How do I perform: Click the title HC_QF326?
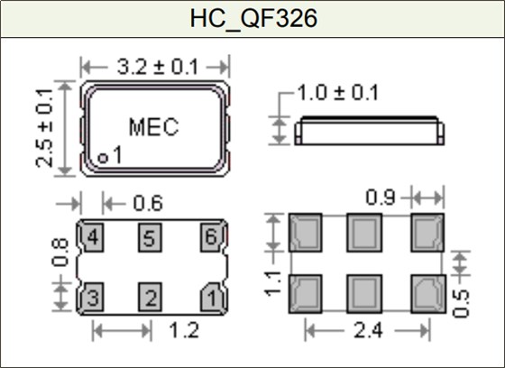coord(252,18)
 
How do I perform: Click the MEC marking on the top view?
coord(153,126)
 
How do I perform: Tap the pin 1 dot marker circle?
coord(103,158)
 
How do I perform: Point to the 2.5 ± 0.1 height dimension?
coord(45,126)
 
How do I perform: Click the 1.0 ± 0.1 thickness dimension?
coord(338,93)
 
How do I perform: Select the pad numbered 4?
coord(93,238)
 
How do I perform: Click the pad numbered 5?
coord(151,238)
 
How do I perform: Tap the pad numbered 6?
coord(209,238)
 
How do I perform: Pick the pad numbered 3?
coord(93,296)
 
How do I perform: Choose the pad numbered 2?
coord(151,296)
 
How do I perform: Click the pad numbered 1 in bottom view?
coord(209,296)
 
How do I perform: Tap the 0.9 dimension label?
coord(382,196)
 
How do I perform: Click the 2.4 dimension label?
coord(366,333)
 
